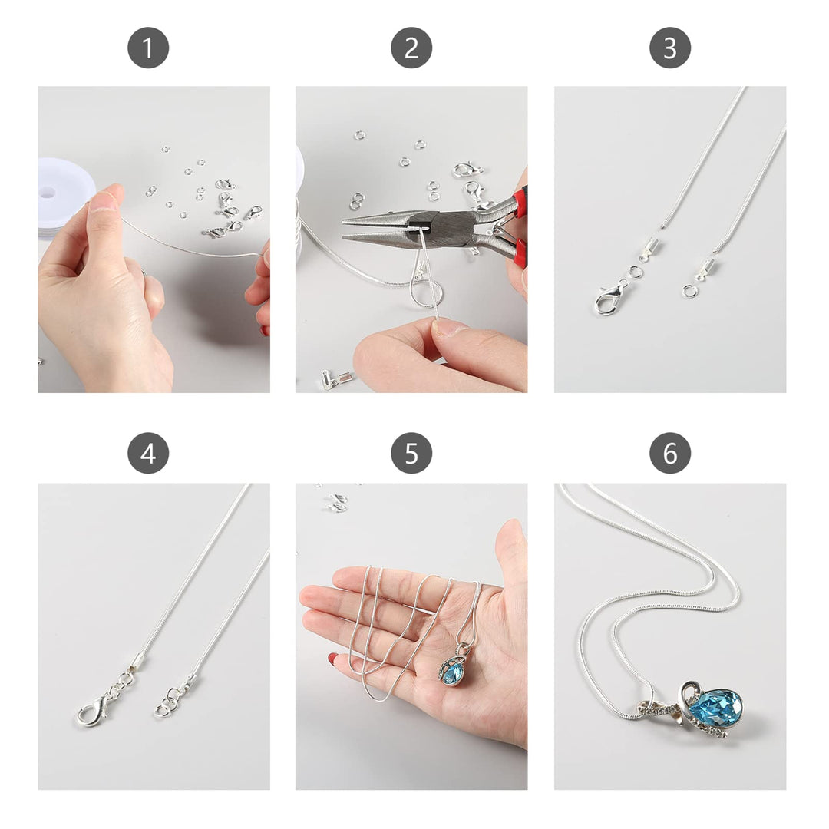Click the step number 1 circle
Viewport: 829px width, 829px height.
pyautogui.click(x=148, y=48)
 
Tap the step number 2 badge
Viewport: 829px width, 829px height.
pyautogui.click(x=411, y=48)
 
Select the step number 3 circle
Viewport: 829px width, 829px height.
pyautogui.click(x=670, y=48)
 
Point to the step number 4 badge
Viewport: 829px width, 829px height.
pyautogui.click(x=148, y=453)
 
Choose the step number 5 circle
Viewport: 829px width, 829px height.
pyautogui.click(x=411, y=453)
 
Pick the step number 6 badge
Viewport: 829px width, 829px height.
pyautogui.click(x=670, y=453)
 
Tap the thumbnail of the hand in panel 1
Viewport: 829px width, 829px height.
pyautogui.click(x=103, y=201)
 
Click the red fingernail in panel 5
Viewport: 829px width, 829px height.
pyautogui.click(x=333, y=659)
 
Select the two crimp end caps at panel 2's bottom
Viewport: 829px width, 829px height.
pyautogui.click(x=336, y=378)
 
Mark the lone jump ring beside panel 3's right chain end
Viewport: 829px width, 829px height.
pyautogui.click(x=689, y=290)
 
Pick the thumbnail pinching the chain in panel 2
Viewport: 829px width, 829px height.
pyautogui.click(x=449, y=328)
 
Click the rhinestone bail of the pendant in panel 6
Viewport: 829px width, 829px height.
pyautogui.click(x=659, y=708)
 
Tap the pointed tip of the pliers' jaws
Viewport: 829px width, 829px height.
pyautogui.click(x=344, y=222)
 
